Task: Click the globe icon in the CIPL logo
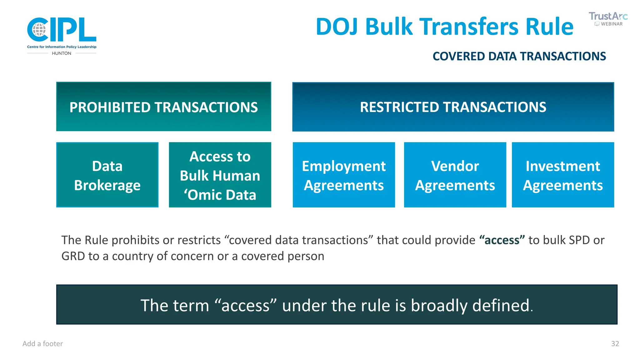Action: pos(39,30)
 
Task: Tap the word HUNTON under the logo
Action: pos(62,53)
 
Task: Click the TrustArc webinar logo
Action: pos(608,19)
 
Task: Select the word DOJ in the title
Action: pos(337,27)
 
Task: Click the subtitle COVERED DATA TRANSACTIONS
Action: pos(519,57)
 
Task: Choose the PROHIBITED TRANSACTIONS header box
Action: pos(163,107)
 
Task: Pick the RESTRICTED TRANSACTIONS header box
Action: pos(453,107)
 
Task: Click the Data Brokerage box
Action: pos(107,175)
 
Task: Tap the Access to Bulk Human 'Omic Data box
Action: pos(220,175)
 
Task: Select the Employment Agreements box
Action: pos(344,175)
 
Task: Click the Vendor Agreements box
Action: pos(455,175)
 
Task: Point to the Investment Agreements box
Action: pos(562,175)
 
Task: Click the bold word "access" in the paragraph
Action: pos(502,240)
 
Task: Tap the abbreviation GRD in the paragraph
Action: pos(73,256)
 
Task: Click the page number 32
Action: pos(615,344)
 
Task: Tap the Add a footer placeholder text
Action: pos(42,344)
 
